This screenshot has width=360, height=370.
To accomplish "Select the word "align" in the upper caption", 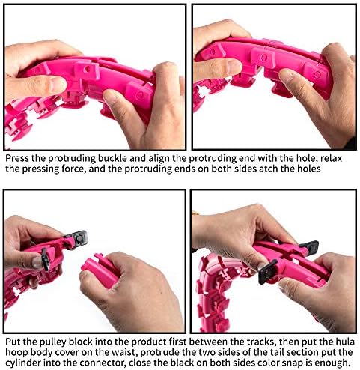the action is pyautogui.click(x=159, y=159).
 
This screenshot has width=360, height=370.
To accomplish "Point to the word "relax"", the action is pyautogui.click(x=331, y=158).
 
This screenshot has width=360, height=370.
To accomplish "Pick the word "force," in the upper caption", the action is pyautogui.click(x=72, y=169).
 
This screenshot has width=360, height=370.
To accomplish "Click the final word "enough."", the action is pyautogui.click(x=332, y=363).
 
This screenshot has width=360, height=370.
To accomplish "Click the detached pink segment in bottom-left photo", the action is pyautogui.click(x=100, y=271).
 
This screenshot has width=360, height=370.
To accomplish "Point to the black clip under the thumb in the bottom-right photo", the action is pyautogui.click(x=267, y=272).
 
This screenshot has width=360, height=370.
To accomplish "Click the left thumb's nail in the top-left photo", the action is pyautogui.click(x=57, y=85).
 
